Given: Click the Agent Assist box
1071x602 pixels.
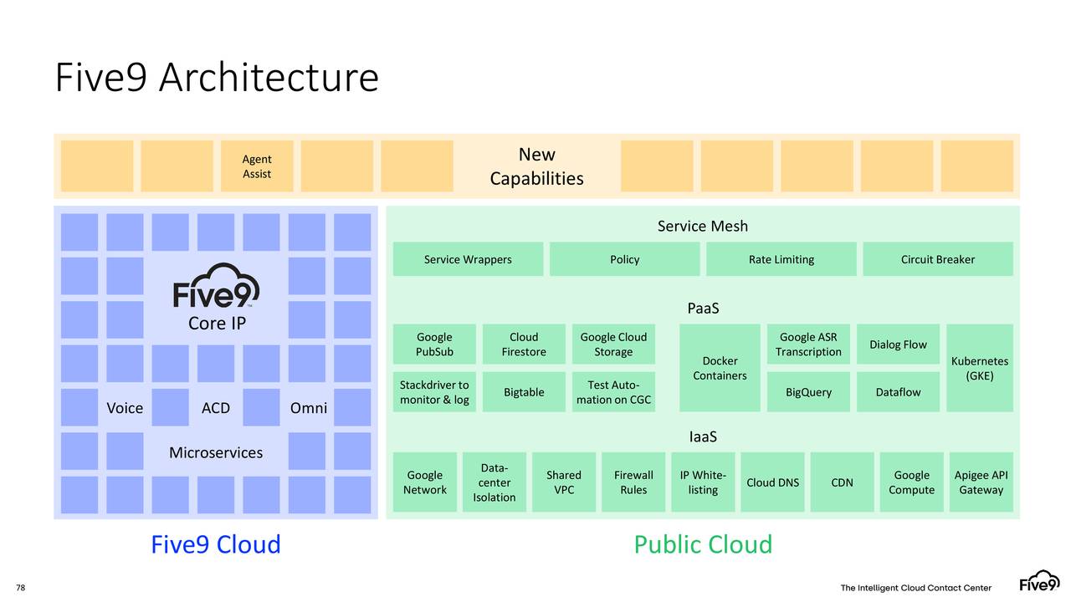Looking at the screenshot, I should [257, 166].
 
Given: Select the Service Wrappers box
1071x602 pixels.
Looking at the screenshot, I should [468, 259].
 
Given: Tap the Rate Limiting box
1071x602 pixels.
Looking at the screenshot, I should [781, 259].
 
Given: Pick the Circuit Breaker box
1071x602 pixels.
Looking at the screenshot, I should [937, 259].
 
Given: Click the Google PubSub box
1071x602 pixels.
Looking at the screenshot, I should [434, 344].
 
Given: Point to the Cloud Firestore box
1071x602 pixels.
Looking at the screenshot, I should [524, 344].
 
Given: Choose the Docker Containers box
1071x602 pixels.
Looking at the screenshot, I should [720, 368].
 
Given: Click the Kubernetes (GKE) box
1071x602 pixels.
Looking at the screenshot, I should [979, 368].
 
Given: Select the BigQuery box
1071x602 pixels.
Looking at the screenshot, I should [808, 392].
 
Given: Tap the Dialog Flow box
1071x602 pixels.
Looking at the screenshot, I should [898, 344].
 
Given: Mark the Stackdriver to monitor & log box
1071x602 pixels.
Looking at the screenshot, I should [434, 392].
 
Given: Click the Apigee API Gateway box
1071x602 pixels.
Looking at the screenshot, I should [981, 482].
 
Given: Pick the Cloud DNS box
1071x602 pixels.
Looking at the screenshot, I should [772, 482].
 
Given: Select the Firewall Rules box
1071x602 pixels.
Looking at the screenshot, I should [633, 482].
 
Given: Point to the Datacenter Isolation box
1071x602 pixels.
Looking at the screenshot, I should [495, 482].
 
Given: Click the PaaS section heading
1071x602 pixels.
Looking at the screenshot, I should [703, 309].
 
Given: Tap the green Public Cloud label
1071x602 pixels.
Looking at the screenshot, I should [703, 544].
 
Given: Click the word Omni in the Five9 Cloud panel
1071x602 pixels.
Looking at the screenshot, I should [308, 408].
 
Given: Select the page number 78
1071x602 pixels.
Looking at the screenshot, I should [21, 588].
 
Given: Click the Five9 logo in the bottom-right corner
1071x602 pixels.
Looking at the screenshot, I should [1039, 582].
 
